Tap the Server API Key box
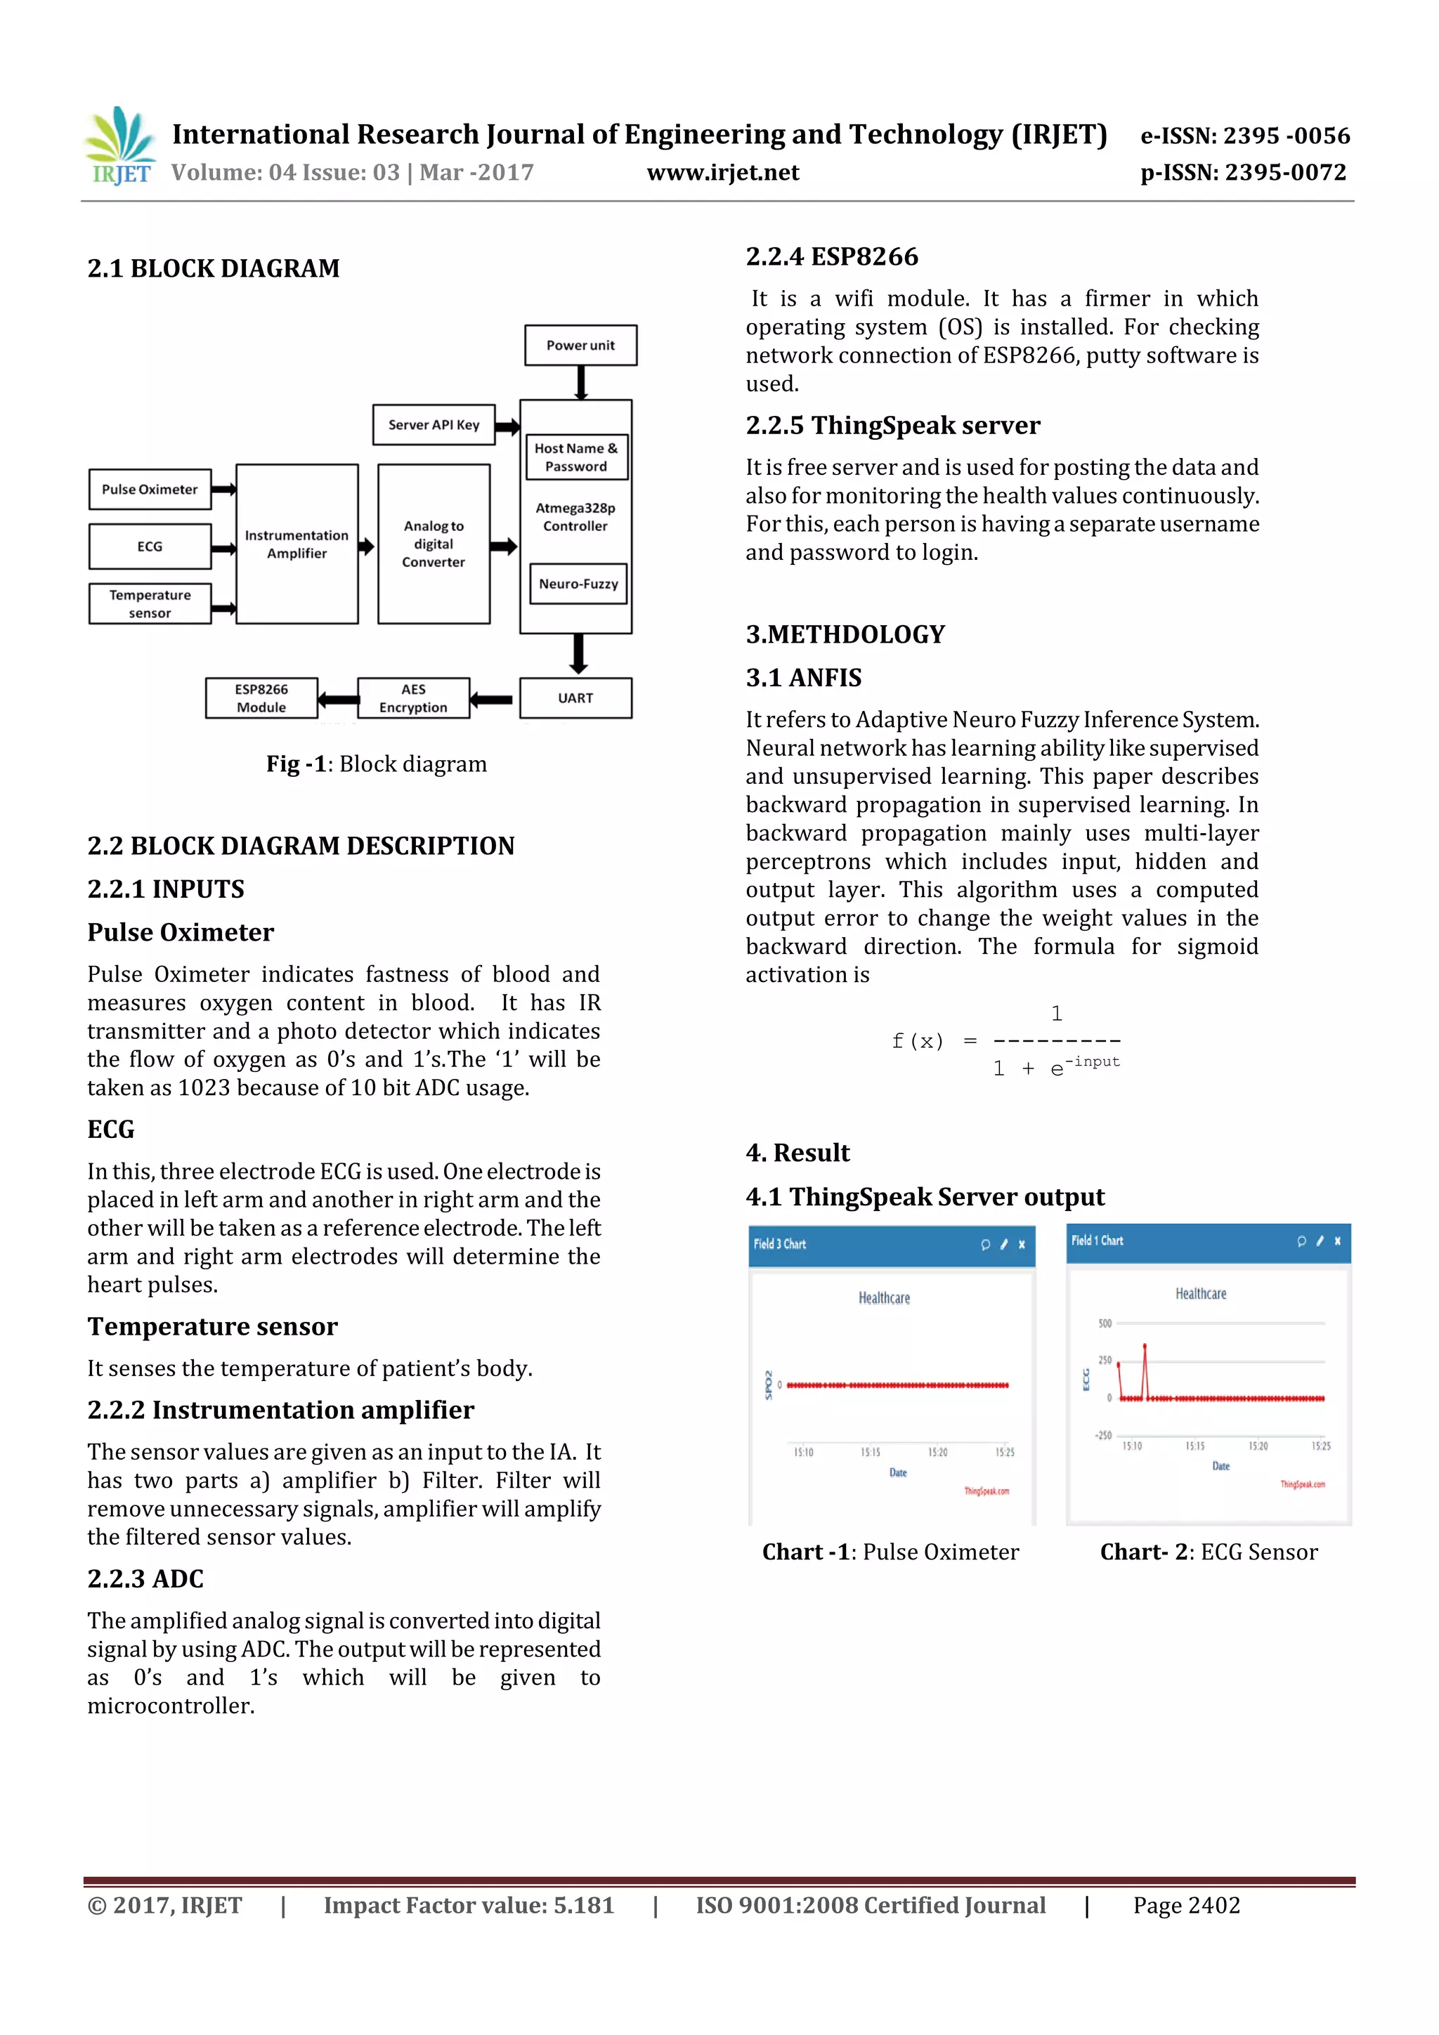434,424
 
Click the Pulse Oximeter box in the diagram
150,489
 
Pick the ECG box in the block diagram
150,546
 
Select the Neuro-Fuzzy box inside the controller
578,584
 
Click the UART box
575,698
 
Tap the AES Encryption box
413,698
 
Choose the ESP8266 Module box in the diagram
261,698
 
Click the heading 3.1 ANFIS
803,678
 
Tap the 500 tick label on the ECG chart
1105,1323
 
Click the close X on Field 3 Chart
1022,1245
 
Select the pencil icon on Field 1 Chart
1320,1241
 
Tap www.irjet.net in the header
722,172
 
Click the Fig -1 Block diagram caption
376,764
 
